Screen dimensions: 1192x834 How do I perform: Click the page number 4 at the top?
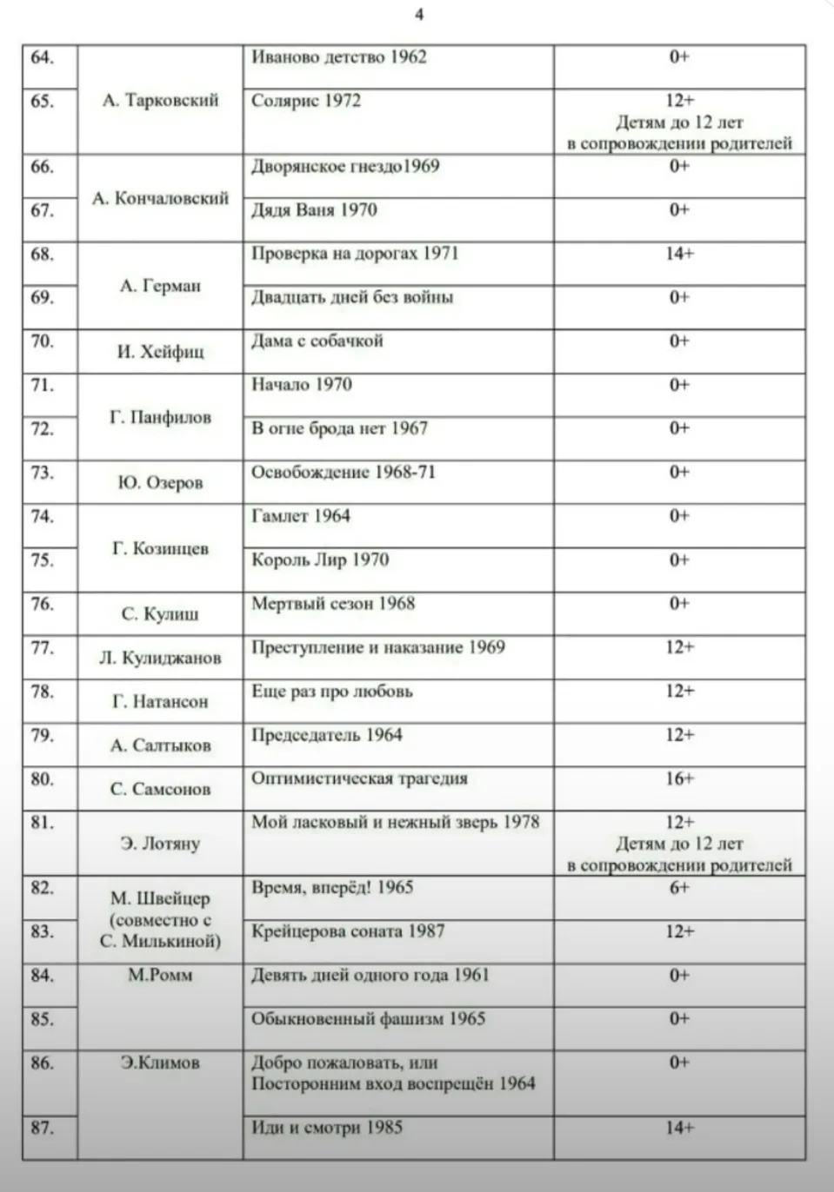(x=419, y=15)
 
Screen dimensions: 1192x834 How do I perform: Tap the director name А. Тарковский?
(x=160, y=101)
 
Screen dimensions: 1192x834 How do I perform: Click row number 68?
(x=42, y=255)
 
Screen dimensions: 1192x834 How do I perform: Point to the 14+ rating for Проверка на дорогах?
(x=679, y=254)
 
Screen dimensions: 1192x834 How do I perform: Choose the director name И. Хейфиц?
(x=160, y=352)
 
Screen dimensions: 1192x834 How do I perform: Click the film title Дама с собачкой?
(x=317, y=341)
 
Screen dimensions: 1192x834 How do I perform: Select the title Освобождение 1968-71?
(x=344, y=473)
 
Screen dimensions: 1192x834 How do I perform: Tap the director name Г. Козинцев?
(x=160, y=549)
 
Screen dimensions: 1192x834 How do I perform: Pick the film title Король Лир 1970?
(x=319, y=560)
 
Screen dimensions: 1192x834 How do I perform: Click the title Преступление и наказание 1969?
(x=377, y=647)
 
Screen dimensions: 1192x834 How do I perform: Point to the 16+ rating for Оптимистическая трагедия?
(x=679, y=778)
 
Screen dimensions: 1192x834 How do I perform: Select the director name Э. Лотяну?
(x=160, y=844)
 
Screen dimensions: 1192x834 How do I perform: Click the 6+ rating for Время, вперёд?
(x=679, y=888)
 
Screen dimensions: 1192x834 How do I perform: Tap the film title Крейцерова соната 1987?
(x=348, y=931)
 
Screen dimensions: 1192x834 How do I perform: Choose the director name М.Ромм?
(x=160, y=976)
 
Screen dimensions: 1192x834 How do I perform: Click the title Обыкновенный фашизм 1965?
(x=368, y=1019)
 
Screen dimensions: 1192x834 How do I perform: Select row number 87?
(x=42, y=1129)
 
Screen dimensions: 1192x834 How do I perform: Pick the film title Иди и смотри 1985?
(x=327, y=1129)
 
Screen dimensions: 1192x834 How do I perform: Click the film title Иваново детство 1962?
(x=339, y=57)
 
